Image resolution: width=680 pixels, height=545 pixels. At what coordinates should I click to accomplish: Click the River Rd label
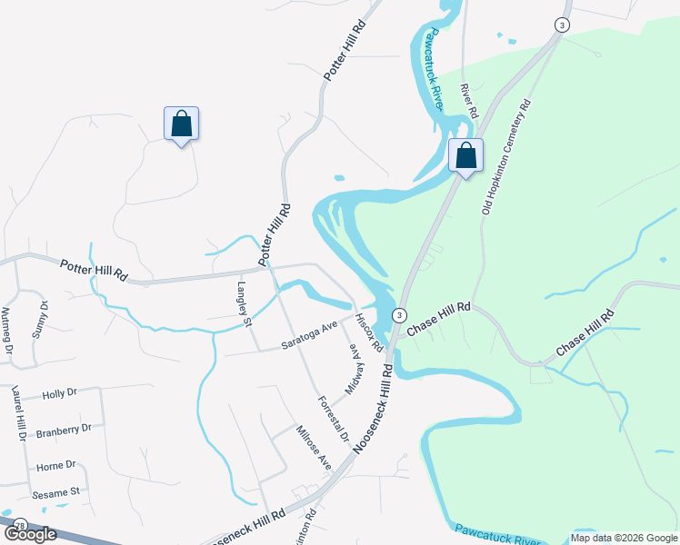(469, 102)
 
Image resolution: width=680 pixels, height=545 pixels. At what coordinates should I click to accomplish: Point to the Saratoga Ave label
(309, 333)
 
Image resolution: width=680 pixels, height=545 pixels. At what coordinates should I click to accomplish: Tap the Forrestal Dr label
(333, 418)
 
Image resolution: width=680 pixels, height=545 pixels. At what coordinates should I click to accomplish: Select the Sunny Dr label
(38, 319)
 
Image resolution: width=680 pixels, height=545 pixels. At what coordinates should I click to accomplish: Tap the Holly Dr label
(60, 393)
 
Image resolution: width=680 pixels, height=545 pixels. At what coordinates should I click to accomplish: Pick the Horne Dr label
(56, 465)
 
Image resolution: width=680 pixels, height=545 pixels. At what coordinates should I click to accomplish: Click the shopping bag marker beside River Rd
(465, 156)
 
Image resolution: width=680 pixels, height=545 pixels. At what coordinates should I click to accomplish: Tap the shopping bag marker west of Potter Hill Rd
(181, 124)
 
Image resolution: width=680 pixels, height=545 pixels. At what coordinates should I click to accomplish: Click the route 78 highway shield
(19, 525)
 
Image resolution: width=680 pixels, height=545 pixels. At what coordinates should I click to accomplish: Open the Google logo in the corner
(29, 535)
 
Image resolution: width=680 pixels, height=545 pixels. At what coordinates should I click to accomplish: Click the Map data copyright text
(624, 538)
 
